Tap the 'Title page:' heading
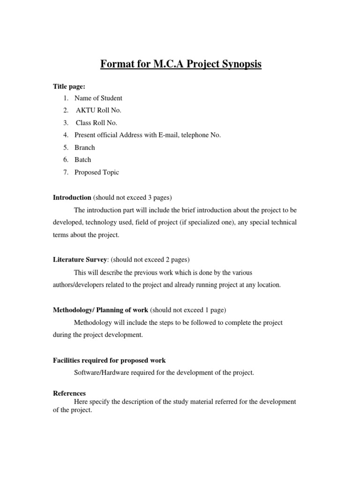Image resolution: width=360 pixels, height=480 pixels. click(68, 86)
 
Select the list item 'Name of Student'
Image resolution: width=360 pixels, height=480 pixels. click(98, 98)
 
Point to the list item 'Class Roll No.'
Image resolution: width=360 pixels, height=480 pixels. click(97, 123)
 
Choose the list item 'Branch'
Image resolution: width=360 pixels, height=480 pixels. click(84, 147)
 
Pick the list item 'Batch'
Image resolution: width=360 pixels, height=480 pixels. click(83, 160)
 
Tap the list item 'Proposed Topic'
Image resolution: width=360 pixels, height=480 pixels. click(97, 172)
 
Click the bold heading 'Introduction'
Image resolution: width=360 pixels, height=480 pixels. click(72, 197)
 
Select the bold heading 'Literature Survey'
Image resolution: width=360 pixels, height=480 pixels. click(80, 260)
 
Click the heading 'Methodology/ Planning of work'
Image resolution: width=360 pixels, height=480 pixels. click(100, 310)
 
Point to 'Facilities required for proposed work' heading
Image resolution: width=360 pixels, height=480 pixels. click(109, 360)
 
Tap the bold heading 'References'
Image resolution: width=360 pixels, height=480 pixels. click(69, 393)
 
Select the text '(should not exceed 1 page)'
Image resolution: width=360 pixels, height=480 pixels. click(187, 310)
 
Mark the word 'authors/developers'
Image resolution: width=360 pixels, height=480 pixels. click(81, 285)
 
